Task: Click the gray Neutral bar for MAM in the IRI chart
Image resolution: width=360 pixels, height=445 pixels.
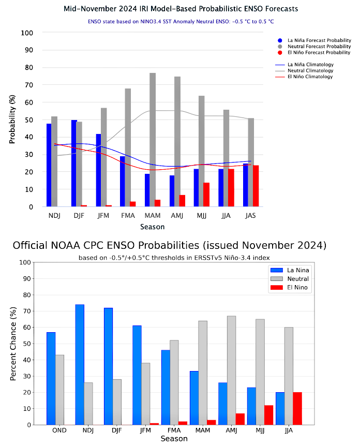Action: (153, 140)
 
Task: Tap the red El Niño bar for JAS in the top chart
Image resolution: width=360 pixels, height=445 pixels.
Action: (256, 186)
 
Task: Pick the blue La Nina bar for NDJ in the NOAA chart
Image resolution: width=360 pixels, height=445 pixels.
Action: (80, 364)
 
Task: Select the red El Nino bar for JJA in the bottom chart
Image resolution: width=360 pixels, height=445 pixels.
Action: (297, 408)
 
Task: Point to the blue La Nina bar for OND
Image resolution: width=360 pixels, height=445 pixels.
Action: (51, 378)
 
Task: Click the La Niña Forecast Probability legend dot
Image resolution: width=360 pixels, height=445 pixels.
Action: (280, 40)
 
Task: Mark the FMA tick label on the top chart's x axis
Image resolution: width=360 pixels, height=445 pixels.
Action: (128, 216)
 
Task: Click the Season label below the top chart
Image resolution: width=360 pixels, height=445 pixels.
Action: (153, 227)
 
